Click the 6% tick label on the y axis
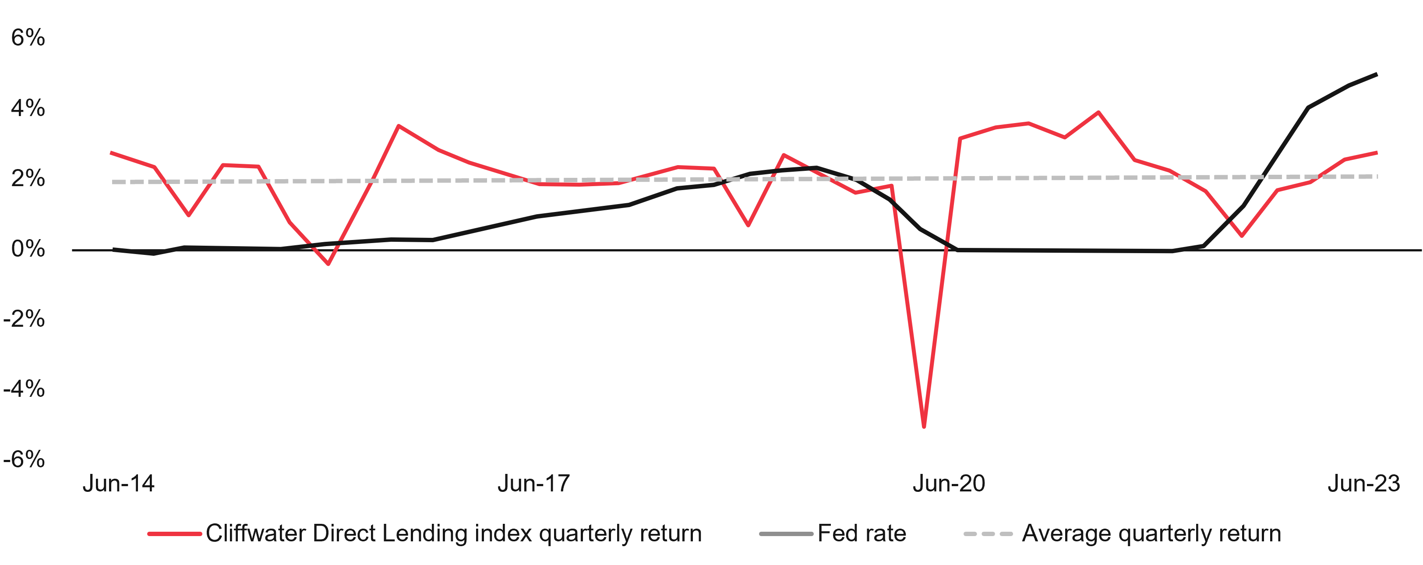28,38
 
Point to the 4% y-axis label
28,108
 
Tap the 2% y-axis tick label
28,178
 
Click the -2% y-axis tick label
24,319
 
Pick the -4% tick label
24,389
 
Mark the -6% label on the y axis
24,459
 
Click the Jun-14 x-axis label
118,484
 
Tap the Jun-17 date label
533,484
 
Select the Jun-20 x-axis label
949,484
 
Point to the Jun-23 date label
1363,484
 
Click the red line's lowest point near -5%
924,426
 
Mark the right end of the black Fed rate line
1376,74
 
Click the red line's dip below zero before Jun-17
328,264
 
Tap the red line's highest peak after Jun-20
1098,112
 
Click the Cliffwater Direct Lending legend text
453,533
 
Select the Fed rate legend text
862,533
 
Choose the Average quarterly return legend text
1151,533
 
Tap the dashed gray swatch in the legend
988,534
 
